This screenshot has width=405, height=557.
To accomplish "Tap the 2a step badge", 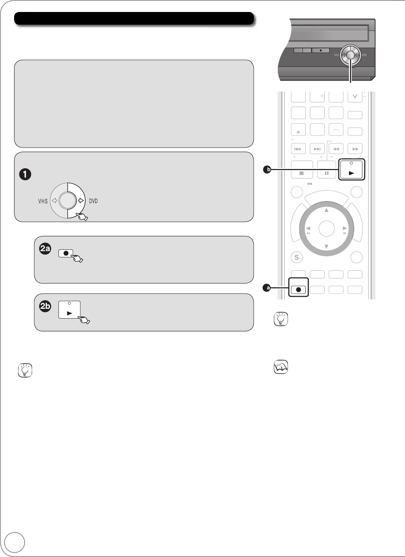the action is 45,249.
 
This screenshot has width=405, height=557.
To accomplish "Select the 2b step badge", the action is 45,307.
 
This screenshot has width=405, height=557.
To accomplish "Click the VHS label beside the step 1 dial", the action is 43,201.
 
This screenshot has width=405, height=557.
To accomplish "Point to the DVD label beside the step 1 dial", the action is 93,201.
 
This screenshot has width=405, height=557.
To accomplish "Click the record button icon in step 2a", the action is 66,254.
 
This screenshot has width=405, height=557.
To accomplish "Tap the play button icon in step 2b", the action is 69,309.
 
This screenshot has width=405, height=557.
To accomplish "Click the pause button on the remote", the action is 326,170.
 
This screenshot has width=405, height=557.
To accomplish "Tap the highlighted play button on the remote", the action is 351,170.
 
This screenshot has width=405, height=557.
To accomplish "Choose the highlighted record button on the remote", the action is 299,289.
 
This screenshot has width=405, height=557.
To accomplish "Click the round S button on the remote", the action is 296,258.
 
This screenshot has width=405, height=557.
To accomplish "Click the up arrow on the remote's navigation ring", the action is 326,210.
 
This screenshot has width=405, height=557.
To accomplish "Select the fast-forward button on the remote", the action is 355,149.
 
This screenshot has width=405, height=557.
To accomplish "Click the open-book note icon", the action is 281,367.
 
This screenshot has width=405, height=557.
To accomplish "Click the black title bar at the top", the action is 134,19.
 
